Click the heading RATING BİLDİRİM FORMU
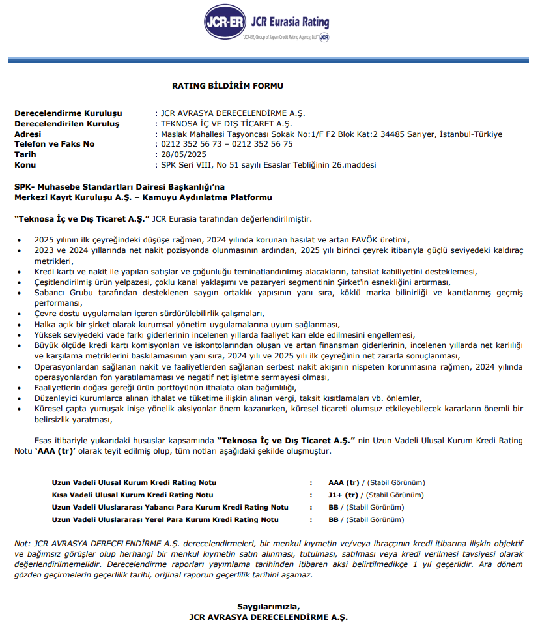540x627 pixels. pyautogui.click(x=227, y=85)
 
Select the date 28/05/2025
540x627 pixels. pyautogui.click(x=183, y=154)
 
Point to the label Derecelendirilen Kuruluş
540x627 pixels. pyautogui.click(x=67, y=123)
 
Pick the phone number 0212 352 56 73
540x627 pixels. pyautogui.click(x=192, y=144)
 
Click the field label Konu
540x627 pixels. pyautogui.click(x=25, y=165)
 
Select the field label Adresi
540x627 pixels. pyautogui.click(x=28, y=134)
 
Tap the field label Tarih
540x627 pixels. pyautogui.click(x=25, y=154)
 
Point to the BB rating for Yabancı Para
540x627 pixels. pyautogui.click(x=334, y=507)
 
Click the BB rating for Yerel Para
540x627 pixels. pyautogui.click(x=334, y=519)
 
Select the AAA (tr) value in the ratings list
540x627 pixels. pyautogui.click(x=344, y=482)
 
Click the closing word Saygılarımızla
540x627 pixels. pyautogui.click(x=268, y=606)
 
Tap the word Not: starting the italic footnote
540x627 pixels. pyautogui.click(x=23, y=544)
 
